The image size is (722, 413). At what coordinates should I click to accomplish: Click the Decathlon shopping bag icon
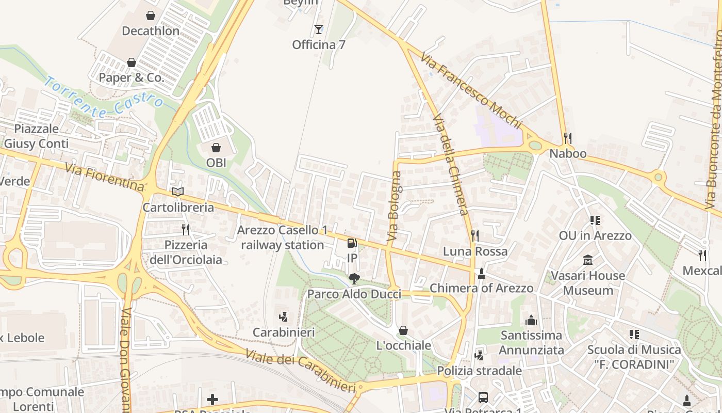pyautogui.click(x=151, y=15)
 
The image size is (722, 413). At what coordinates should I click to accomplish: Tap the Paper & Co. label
pyautogui.click(x=138, y=78)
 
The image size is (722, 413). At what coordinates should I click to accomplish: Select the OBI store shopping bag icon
pyautogui.click(x=216, y=148)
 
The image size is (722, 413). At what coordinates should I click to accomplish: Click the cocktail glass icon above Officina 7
pyautogui.click(x=318, y=29)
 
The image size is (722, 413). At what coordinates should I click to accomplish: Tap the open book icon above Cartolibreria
pyautogui.click(x=178, y=192)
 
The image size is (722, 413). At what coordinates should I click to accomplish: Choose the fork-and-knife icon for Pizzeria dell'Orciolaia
pyautogui.click(x=186, y=229)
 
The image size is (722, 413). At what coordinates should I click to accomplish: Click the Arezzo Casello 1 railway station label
pyautogui.click(x=282, y=237)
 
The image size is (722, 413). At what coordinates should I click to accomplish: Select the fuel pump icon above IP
pyautogui.click(x=352, y=243)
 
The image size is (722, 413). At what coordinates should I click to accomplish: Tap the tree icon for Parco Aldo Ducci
pyautogui.click(x=354, y=279)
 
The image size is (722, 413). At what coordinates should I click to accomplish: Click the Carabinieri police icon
pyautogui.click(x=283, y=317)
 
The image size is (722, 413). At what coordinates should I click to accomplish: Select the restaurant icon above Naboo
pyautogui.click(x=568, y=138)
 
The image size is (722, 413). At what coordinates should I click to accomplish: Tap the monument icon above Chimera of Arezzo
pyautogui.click(x=481, y=273)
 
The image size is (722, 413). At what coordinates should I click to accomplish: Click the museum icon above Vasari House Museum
pyautogui.click(x=588, y=260)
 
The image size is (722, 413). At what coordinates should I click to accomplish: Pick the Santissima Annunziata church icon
pyautogui.click(x=531, y=320)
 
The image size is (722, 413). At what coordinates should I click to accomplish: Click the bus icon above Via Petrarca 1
pyautogui.click(x=483, y=397)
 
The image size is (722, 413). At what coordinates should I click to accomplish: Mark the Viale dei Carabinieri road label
pyautogui.click(x=300, y=371)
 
